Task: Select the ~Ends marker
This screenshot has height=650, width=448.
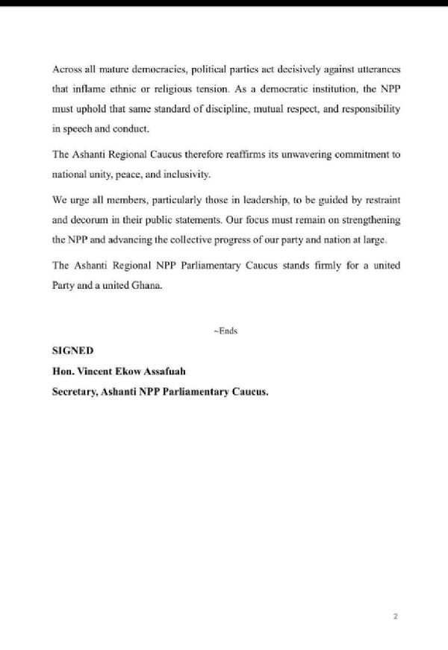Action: (225, 331)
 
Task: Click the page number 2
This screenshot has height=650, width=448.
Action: (395, 616)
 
